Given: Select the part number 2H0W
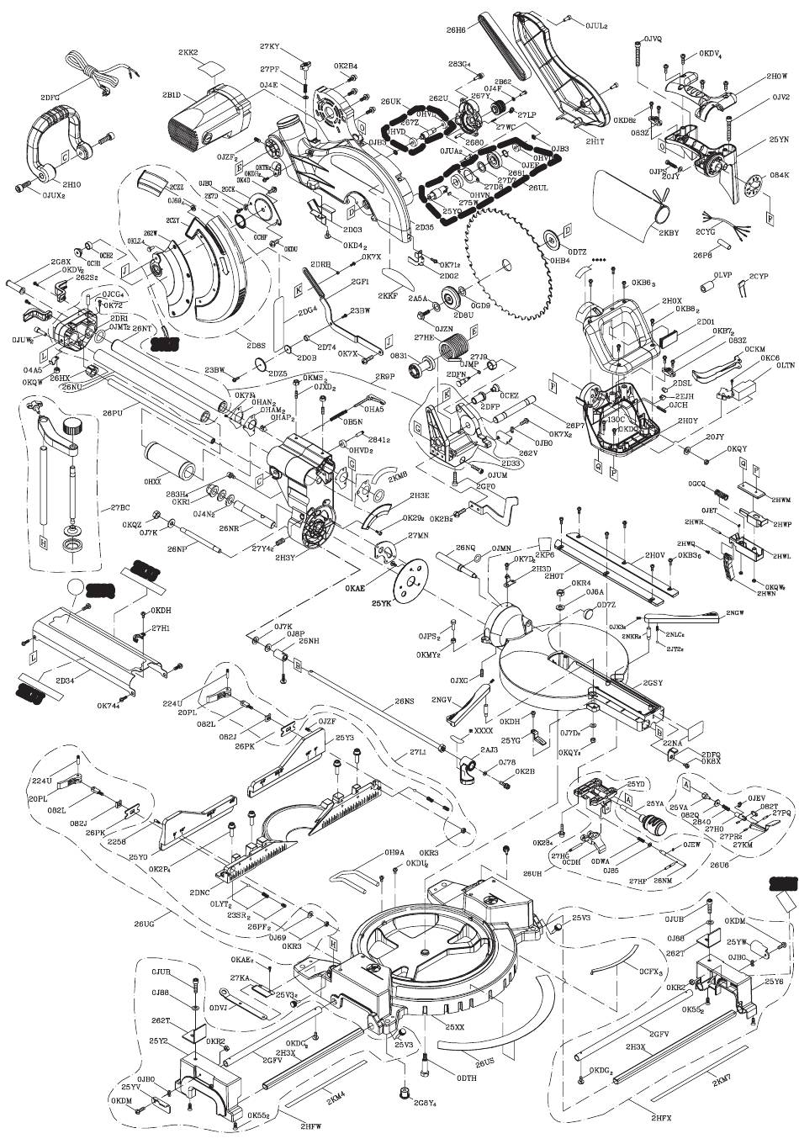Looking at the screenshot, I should tap(754, 75).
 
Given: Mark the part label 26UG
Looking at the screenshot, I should tap(144, 924).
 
